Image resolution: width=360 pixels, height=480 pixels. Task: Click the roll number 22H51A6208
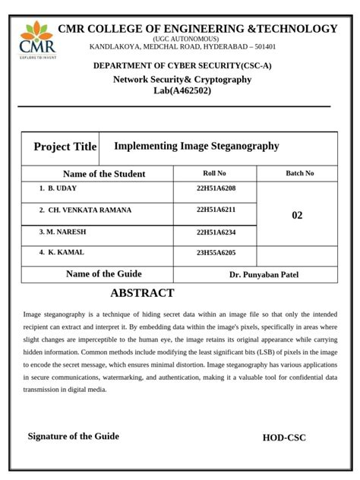coord(216,188)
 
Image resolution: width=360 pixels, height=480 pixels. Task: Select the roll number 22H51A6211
coord(216,210)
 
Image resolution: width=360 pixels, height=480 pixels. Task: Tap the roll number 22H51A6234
coord(216,232)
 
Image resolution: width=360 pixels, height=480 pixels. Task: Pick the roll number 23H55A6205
coord(216,253)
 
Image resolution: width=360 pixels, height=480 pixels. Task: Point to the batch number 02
coord(297,216)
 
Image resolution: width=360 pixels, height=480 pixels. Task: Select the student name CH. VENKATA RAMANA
coord(90,210)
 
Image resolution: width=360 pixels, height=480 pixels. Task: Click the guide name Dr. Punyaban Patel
coord(264,275)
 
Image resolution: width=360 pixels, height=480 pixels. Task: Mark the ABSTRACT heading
coord(142,293)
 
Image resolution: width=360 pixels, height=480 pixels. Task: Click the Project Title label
coord(65,147)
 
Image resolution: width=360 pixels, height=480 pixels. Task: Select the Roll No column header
coord(215,173)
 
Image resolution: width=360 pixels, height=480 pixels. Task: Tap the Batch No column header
coord(299,173)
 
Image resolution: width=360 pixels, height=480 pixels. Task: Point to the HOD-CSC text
coord(284,437)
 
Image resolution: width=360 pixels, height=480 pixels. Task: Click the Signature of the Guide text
coord(74,436)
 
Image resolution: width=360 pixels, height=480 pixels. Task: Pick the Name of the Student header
coord(104,174)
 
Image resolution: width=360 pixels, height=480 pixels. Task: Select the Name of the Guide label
coord(104,274)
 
